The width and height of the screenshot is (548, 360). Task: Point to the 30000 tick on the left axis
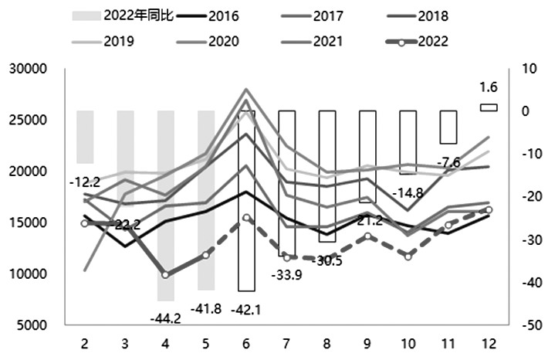32,69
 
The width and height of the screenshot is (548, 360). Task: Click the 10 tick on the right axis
531,69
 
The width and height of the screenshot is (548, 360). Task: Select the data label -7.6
448,163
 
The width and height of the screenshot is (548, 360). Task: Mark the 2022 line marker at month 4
165,274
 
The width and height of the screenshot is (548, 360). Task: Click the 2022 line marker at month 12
489,209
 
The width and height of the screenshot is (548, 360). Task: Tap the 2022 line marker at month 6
246,218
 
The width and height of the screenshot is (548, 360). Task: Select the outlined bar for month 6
246,201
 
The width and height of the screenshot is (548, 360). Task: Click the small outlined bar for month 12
489,107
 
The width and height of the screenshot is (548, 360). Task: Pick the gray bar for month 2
85,137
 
